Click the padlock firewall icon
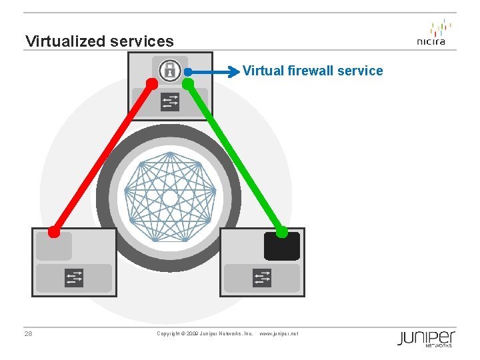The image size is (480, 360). point(170,69)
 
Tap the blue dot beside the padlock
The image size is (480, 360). point(189,71)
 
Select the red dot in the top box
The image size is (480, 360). point(152,84)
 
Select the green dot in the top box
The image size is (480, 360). point(188,83)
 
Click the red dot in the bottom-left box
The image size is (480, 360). point(54,232)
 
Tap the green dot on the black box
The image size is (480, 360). point(282,232)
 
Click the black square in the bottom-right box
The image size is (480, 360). point(281,246)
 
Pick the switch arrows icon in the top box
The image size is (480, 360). point(170,101)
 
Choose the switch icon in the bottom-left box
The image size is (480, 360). point(74,277)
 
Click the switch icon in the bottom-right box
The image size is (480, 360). point(262,277)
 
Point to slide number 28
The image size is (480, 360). point(29,333)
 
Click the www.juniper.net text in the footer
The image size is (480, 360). point(279,333)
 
